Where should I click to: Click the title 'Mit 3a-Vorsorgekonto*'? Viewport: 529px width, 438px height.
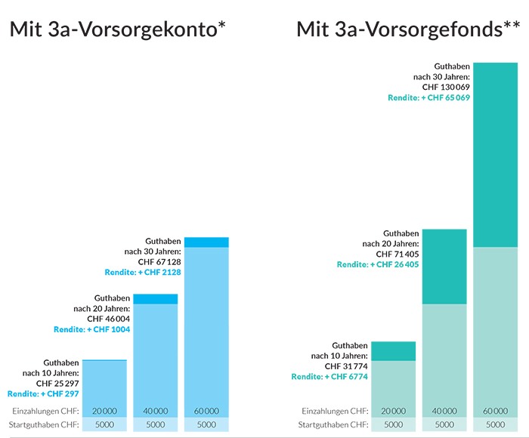[x=118, y=30]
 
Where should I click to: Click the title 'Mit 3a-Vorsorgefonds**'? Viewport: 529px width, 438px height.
[x=407, y=30]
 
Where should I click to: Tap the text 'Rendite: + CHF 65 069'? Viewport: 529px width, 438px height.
[x=429, y=98]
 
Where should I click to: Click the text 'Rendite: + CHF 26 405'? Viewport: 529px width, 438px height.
[x=378, y=264]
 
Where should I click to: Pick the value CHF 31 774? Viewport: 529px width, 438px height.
[x=345, y=366]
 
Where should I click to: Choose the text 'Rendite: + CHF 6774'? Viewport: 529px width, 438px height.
[x=329, y=376]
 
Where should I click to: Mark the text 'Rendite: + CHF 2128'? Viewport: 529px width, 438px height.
[x=143, y=272]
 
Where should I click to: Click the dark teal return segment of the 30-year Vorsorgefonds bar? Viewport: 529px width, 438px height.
[x=495, y=155]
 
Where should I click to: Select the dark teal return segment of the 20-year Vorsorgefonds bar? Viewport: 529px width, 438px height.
[x=444, y=266]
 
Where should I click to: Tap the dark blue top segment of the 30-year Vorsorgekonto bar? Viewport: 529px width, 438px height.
[x=206, y=242]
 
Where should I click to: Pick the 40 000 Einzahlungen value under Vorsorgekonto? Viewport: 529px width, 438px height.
[x=155, y=411]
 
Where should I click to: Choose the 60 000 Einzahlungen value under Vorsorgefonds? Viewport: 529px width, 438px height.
[x=495, y=411]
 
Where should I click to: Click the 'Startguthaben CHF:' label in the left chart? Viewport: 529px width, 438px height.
[x=45, y=424]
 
